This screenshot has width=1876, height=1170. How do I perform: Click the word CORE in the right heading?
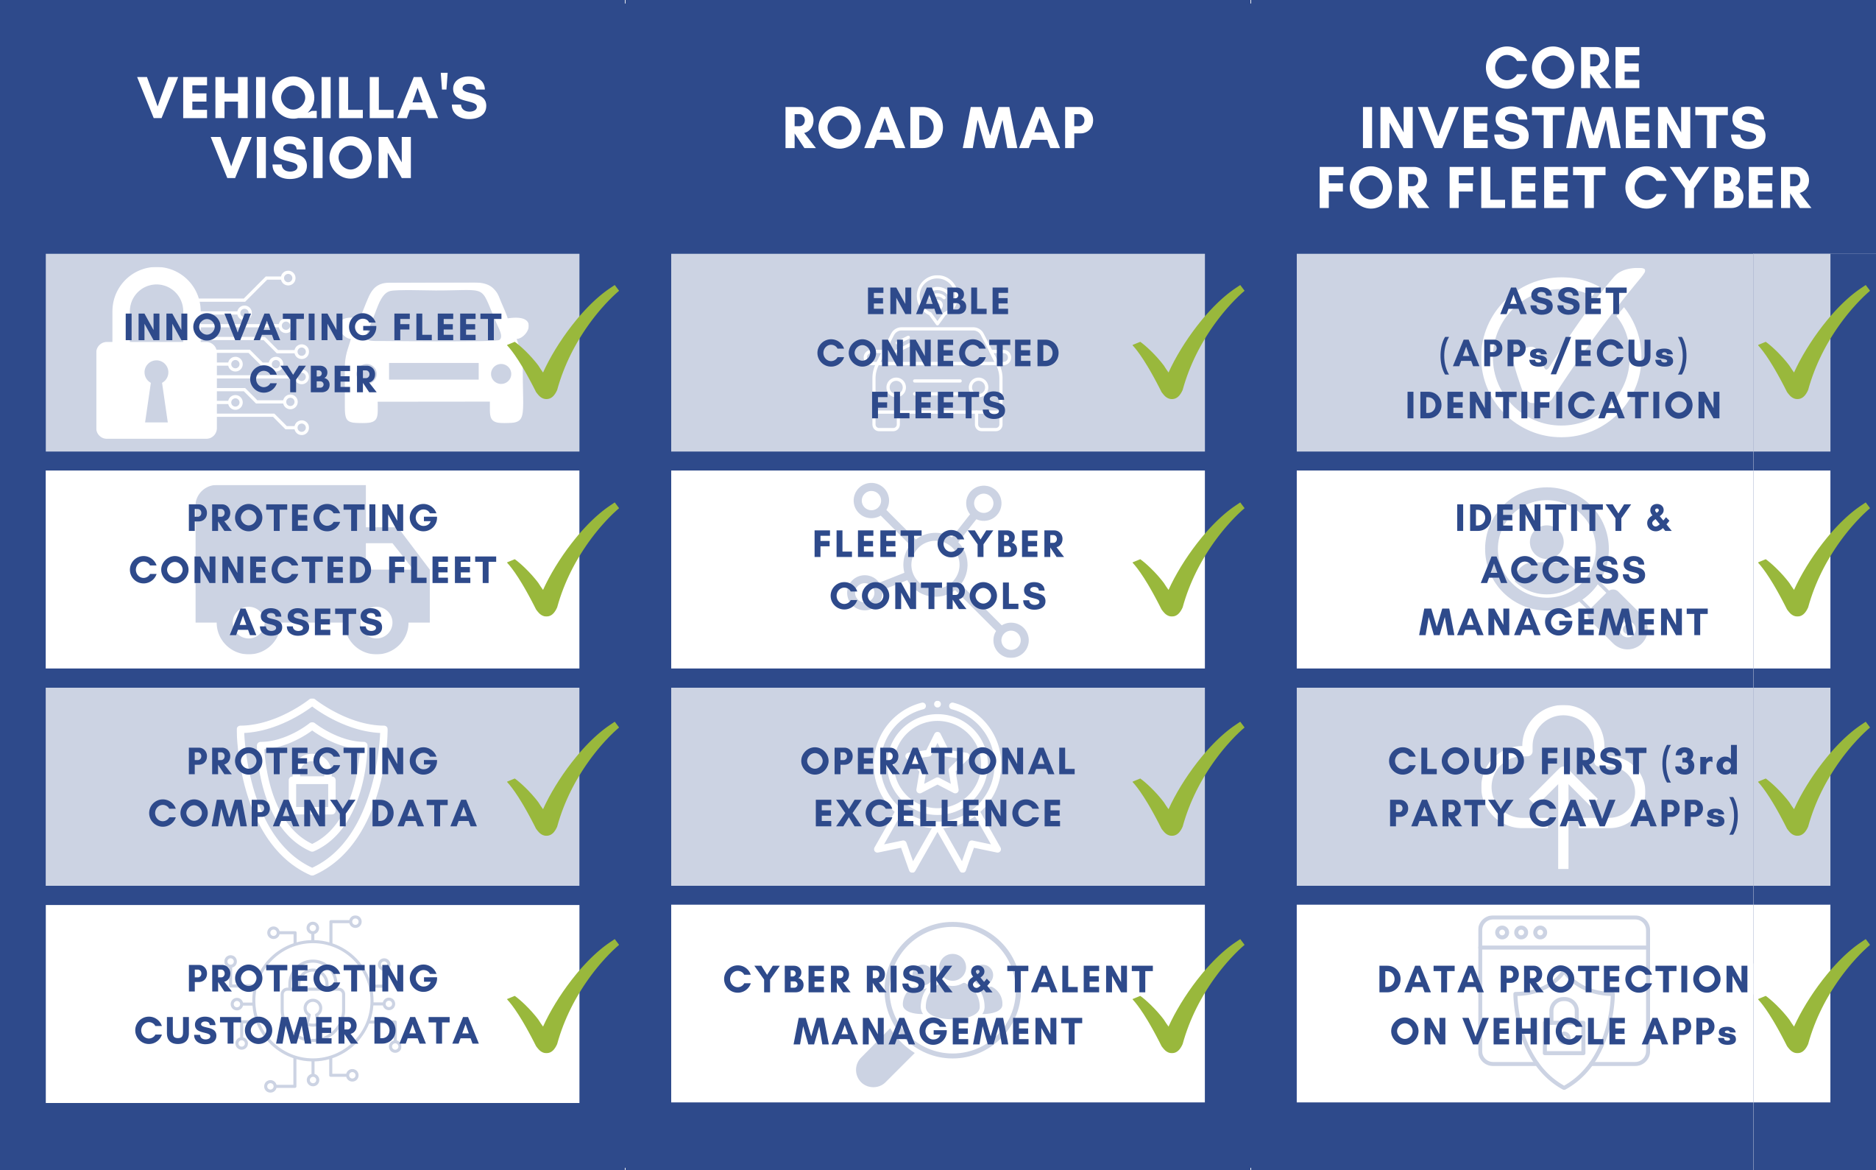click(x=1562, y=68)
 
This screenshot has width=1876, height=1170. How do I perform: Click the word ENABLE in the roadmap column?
click(x=938, y=302)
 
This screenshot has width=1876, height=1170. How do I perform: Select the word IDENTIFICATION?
click(x=1562, y=406)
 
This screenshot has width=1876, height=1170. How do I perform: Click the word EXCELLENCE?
click(x=938, y=814)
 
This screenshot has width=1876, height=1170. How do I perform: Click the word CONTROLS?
click(x=938, y=596)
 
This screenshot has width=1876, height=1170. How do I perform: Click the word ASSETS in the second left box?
click(x=307, y=622)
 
